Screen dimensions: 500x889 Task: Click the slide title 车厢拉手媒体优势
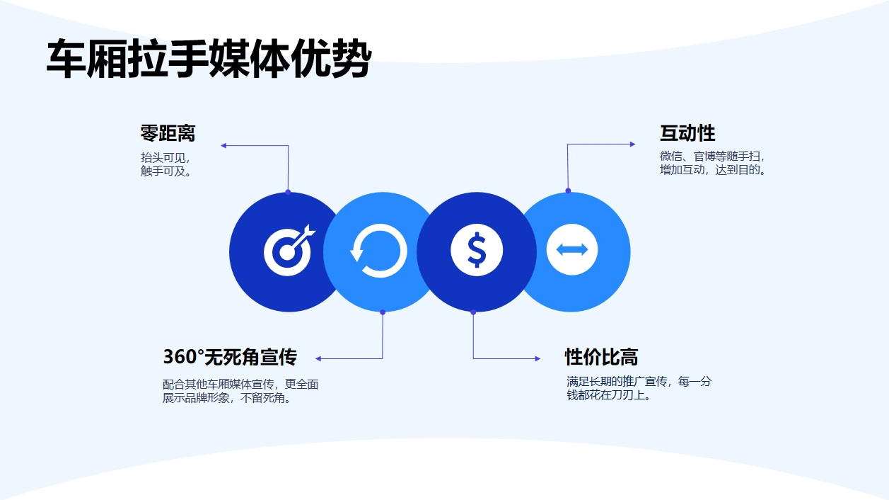coord(209,58)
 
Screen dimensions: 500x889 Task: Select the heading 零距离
coord(168,133)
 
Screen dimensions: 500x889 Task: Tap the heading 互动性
coord(687,133)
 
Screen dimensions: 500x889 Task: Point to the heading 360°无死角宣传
coord(230,356)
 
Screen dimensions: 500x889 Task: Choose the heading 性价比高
coord(601,356)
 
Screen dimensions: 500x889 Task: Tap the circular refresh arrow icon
coord(378,251)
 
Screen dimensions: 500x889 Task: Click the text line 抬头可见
coord(165,157)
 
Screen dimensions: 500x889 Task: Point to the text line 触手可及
coord(165,171)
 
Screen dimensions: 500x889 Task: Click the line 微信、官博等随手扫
coord(712,157)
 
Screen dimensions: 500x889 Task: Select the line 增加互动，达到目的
coord(713,170)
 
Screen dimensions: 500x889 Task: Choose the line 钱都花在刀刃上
coord(608,395)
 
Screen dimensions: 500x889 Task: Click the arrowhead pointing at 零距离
coord(223,146)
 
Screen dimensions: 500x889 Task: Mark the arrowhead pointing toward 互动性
coord(632,144)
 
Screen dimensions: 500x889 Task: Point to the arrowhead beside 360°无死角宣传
coord(319,359)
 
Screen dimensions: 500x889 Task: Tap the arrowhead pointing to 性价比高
coord(537,359)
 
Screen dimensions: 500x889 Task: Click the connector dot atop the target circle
coord(288,192)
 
